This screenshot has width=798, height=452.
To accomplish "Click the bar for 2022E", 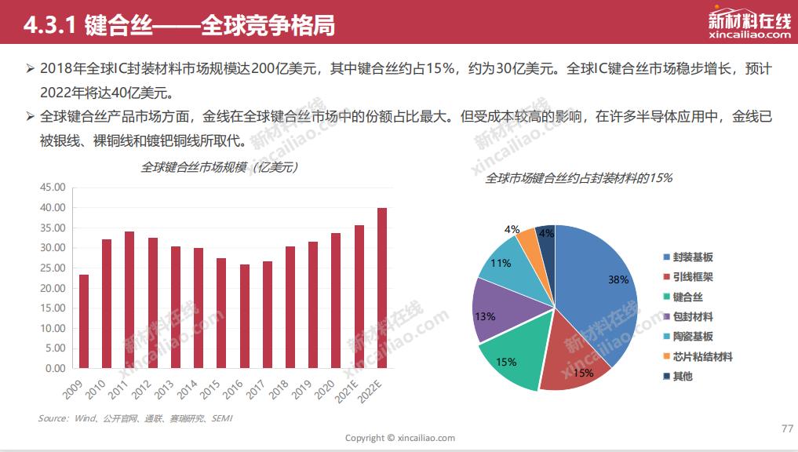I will click(382, 288).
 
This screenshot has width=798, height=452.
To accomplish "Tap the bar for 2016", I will click(244, 316).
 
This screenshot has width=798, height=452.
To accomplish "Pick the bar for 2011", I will click(129, 300).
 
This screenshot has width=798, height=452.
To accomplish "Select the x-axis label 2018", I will click(288, 385).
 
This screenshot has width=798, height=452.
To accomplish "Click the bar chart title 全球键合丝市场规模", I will click(219, 167).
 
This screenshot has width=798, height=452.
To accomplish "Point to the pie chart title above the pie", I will click(578, 178).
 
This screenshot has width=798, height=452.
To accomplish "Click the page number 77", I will click(788, 428).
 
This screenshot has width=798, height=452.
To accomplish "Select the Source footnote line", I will click(135, 418).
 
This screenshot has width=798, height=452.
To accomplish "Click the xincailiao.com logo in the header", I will click(749, 26).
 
